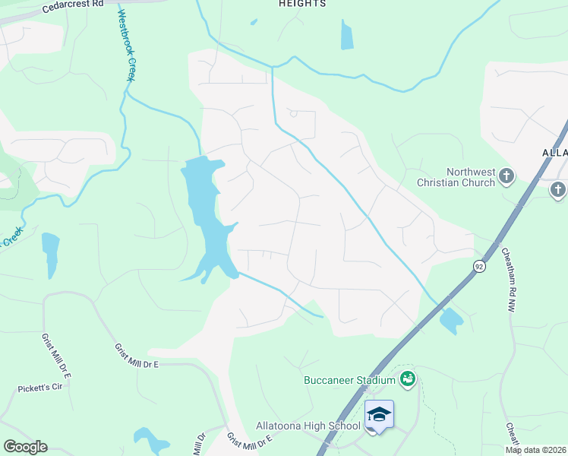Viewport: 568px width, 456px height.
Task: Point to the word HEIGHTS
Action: pyautogui.click(x=302, y=4)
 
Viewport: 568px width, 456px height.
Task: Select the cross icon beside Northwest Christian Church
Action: pyautogui.click(x=506, y=177)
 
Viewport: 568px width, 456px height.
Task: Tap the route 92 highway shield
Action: pyautogui.click(x=479, y=266)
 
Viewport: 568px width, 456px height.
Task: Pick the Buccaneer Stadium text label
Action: pyautogui.click(x=349, y=380)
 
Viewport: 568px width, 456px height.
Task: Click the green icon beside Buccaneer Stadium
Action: pyautogui.click(x=408, y=378)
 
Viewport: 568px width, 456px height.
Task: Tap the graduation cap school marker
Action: pyautogui.click(x=379, y=415)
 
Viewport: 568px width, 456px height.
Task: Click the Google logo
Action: pyautogui.click(x=25, y=447)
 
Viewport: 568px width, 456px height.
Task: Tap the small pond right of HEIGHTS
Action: pyautogui.click(x=347, y=34)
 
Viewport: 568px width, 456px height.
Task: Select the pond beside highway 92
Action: pyautogui.click(x=451, y=321)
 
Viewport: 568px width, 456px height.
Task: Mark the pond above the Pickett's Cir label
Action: pyautogui.click(x=50, y=252)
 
